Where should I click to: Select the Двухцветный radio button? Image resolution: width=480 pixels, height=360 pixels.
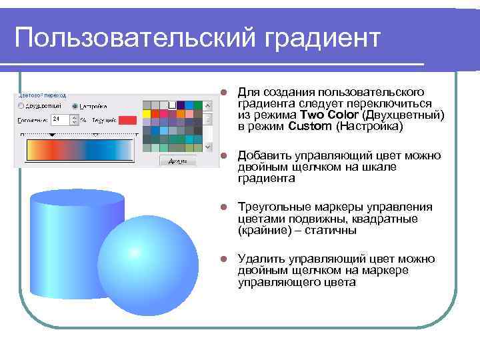21,106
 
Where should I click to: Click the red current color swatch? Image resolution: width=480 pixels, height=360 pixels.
127,120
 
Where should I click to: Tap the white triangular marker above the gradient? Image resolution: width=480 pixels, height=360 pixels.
95,135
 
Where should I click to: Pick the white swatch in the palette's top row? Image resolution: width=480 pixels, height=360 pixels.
172,105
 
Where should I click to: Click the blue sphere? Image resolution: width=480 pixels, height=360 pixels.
148,265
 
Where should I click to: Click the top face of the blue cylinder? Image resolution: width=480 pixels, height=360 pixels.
78,197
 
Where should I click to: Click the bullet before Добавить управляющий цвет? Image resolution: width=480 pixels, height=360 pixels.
225,156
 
